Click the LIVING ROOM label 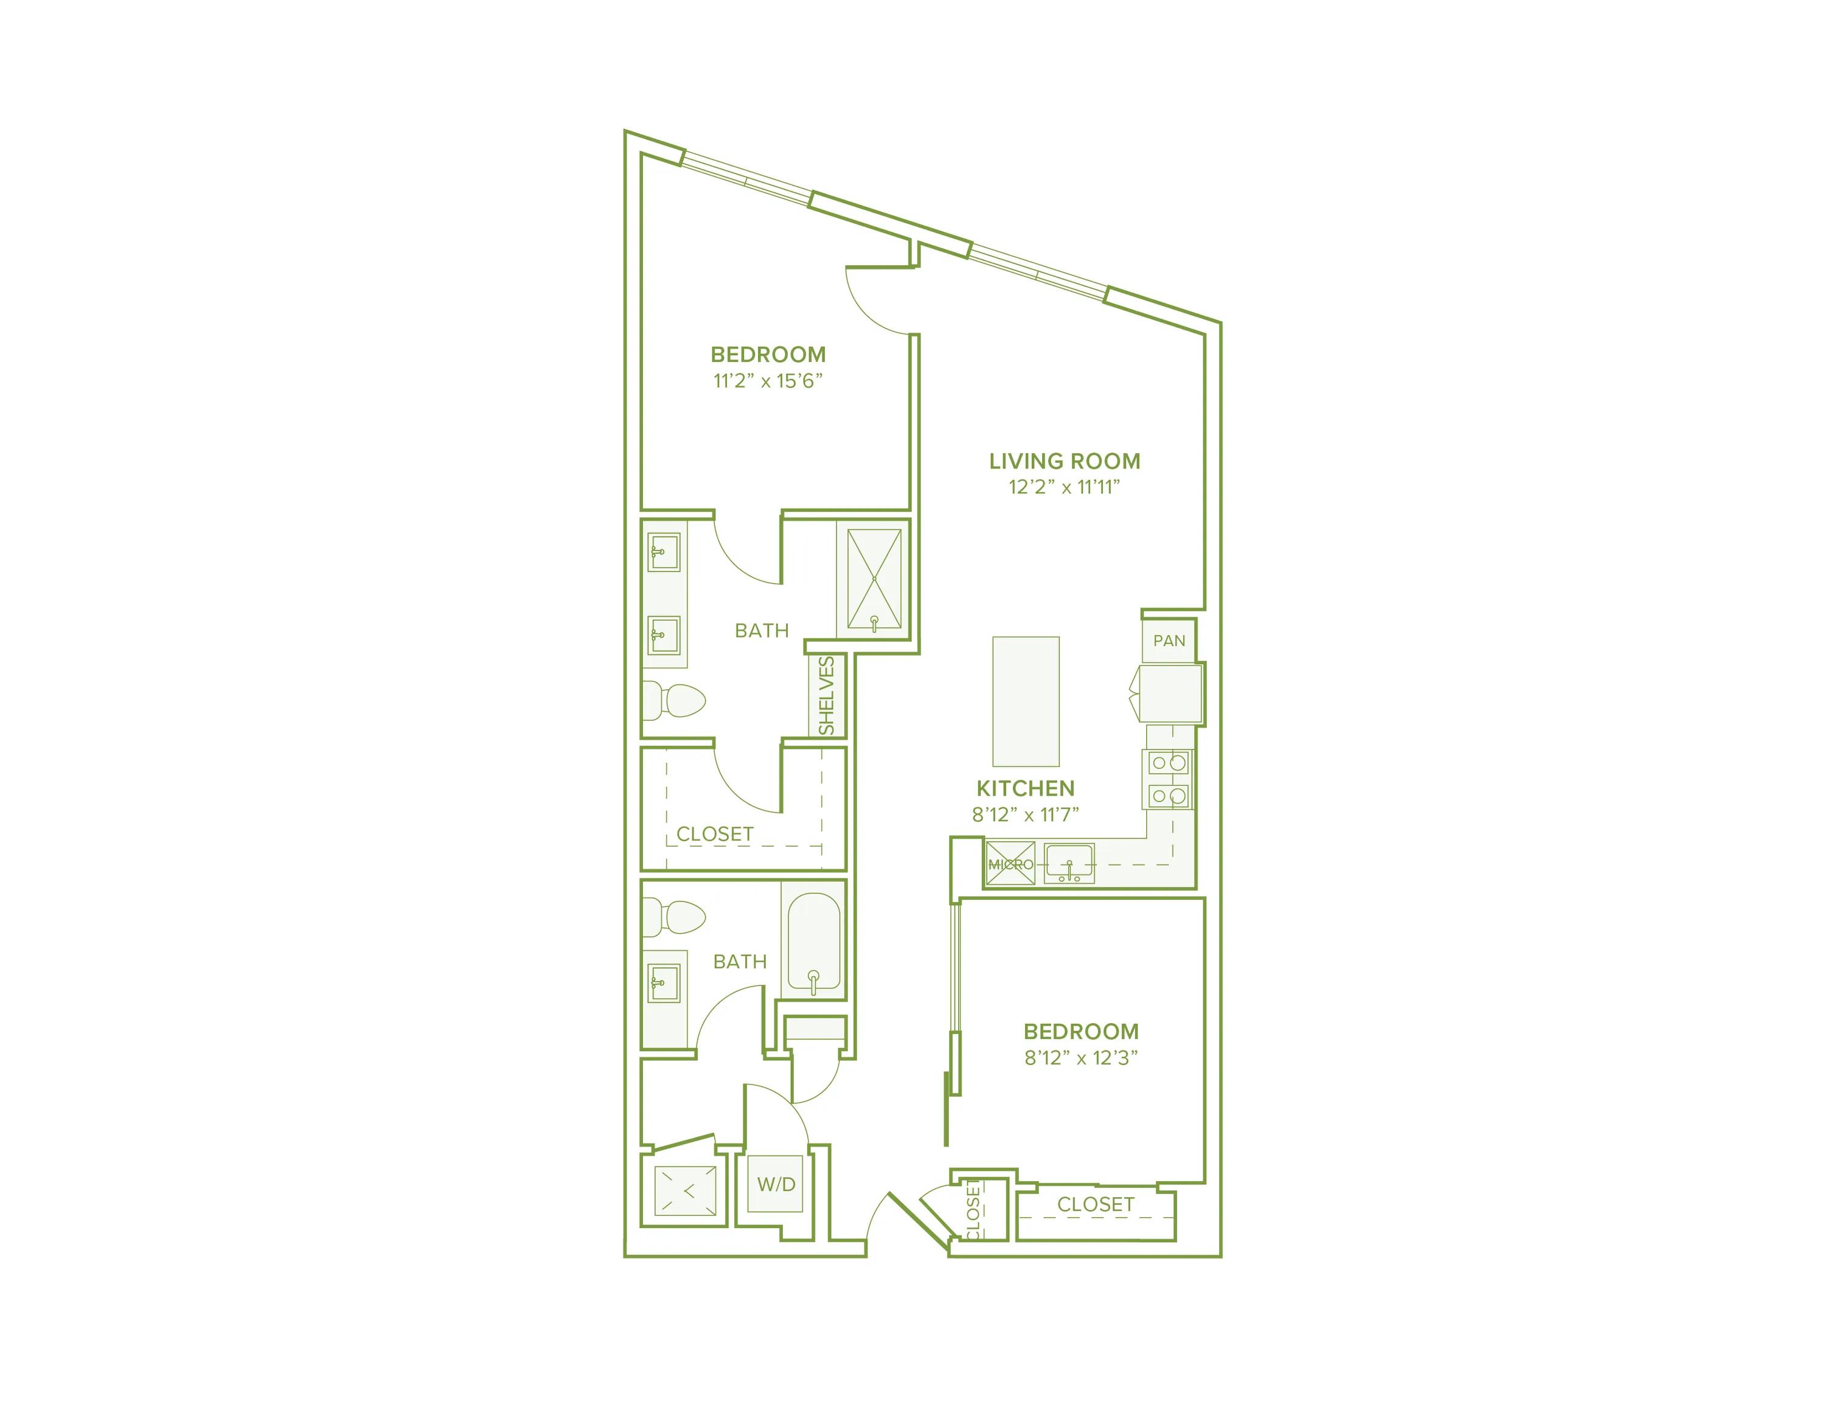tap(1064, 461)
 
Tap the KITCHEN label tap(1025, 788)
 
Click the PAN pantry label tap(1169, 641)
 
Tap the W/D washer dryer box tap(776, 1184)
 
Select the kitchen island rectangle tap(1025, 702)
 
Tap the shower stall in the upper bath tap(874, 578)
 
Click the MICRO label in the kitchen tap(1011, 864)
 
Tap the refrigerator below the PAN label tap(1170, 693)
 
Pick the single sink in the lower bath tap(664, 983)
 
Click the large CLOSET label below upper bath tap(714, 833)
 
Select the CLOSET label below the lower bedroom tap(1096, 1204)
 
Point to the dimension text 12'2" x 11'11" tap(1064, 487)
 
